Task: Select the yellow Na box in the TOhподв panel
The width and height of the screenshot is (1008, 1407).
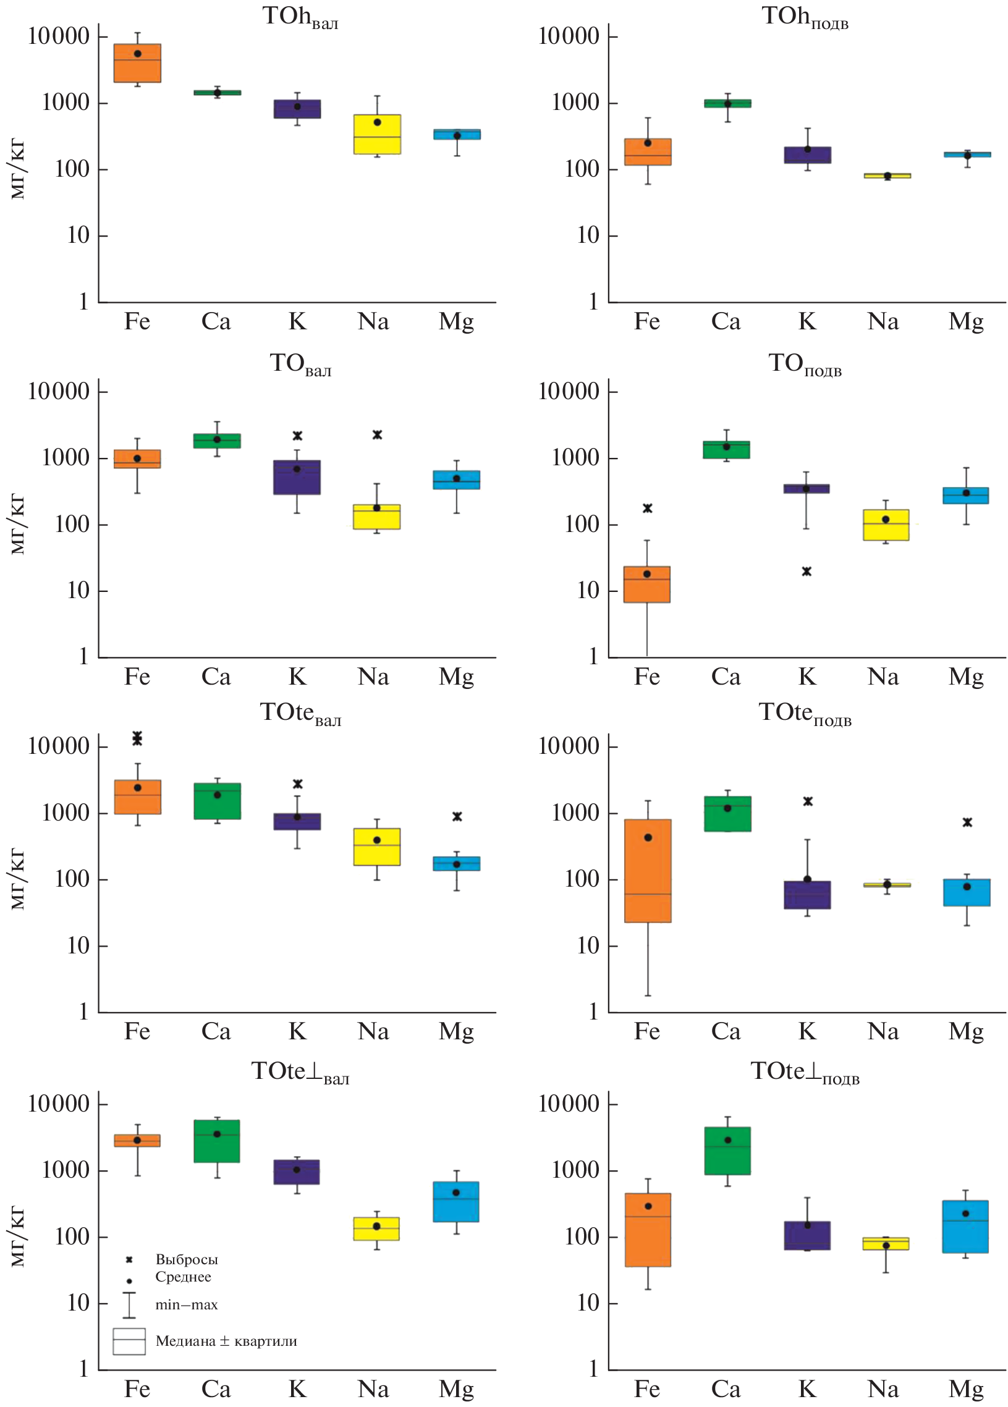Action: [887, 175]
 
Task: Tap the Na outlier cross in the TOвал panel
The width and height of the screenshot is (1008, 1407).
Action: [377, 435]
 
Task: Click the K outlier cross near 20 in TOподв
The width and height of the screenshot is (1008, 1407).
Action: [807, 572]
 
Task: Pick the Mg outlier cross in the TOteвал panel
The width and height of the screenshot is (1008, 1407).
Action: [457, 816]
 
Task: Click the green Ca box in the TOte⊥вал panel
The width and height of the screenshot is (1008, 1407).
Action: [216, 1141]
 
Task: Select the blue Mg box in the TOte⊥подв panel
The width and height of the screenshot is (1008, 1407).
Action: [965, 1227]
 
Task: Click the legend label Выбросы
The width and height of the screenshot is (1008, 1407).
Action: [186, 1259]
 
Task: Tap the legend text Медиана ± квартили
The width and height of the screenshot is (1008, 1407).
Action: [226, 1342]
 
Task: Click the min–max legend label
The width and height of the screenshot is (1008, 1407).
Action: [186, 1304]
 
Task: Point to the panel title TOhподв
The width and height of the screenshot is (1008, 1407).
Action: [805, 17]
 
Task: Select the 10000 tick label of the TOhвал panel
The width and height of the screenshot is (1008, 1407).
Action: [59, 36]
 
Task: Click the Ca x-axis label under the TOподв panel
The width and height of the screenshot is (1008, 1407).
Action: [725, 677]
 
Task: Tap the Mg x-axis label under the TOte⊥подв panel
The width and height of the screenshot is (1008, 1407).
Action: [965, 1389]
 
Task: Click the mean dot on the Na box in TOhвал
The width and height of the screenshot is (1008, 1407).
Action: [377, 122]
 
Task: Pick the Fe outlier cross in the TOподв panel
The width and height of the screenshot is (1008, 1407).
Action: [648, 508]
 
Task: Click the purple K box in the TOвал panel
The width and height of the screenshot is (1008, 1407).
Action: [297, 477]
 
